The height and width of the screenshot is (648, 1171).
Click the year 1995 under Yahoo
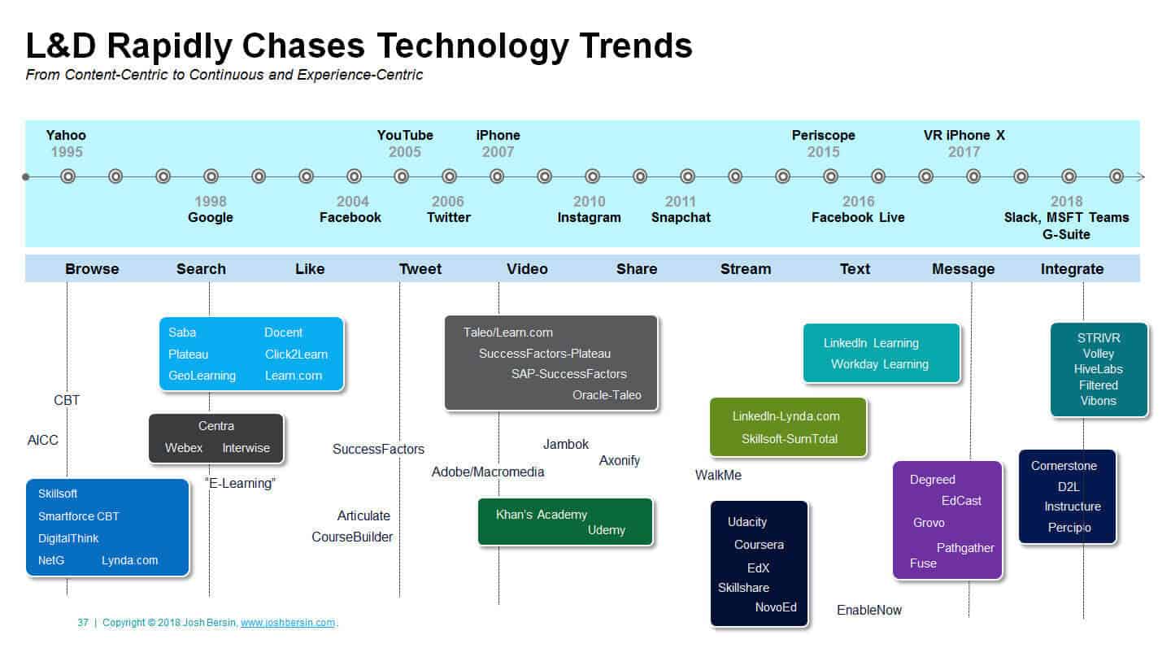[67, 152]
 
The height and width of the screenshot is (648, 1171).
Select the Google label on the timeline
[210, 217]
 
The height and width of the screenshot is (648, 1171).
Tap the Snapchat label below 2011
[681, 217]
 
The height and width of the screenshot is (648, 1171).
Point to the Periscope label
[823, 135]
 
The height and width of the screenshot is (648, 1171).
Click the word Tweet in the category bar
[420, 269]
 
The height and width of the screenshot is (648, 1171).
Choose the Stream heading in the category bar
[746, 269]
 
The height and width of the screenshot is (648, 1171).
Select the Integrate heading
[1072, 270]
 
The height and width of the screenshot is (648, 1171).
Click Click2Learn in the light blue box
[296, 354]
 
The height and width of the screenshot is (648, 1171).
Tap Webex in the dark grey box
[184, 448]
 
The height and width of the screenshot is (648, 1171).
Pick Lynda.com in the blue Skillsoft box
[129, 560]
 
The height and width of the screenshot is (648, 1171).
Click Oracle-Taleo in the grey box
[607, 395]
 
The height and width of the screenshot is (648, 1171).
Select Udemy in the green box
[607, 530]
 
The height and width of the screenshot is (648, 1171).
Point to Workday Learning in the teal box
[880, 364]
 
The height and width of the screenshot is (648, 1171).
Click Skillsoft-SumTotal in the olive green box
[790, 439]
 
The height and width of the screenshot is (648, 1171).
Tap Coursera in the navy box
[759, 545]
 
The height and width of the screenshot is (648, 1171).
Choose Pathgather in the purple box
[965, 548]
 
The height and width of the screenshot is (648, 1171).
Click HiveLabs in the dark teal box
[1099, 369]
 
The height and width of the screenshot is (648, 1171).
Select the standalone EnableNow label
[868, 610]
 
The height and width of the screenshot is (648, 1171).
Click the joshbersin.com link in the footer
[288, 623]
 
